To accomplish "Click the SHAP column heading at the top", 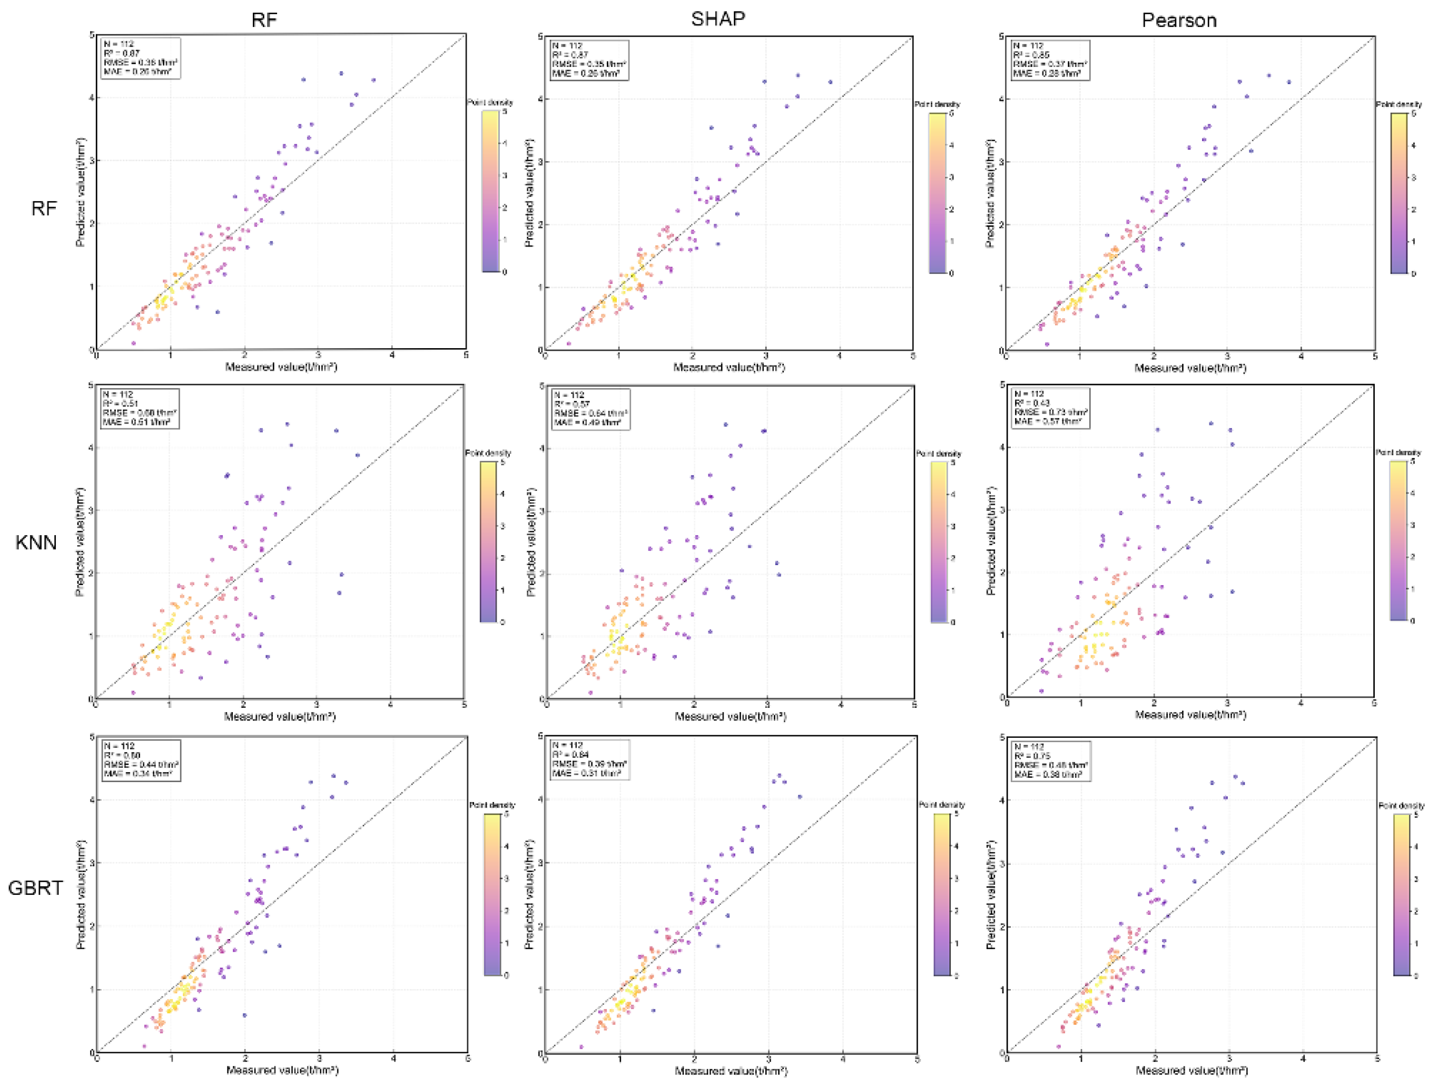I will (718, 19).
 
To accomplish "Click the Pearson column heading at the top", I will (1179, 20).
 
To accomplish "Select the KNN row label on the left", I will (36, 542).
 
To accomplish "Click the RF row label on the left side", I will (44, 208).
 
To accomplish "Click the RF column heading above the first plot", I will (264, 20).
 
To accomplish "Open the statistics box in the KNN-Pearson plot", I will (1050, 408).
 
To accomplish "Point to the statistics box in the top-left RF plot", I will (141, 58).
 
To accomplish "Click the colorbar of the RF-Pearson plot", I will (1398, 193).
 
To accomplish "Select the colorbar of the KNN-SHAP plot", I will (938, 542).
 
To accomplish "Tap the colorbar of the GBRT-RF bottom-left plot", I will (492, 894).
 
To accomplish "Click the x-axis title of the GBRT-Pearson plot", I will (1191, 1070).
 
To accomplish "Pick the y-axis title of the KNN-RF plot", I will (81, 541).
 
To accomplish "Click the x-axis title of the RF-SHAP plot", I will (729, 367).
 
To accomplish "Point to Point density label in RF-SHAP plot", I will (937, 104).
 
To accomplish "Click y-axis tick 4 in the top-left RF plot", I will (92, 98).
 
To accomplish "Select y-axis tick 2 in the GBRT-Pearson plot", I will (1002, 927).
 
